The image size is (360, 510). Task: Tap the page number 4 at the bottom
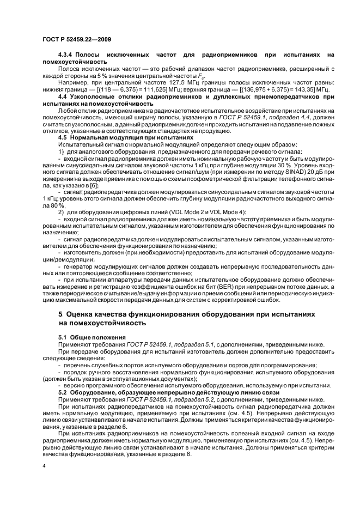(x=45, y=466)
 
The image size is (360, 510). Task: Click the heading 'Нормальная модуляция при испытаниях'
(x=131, y=138)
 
